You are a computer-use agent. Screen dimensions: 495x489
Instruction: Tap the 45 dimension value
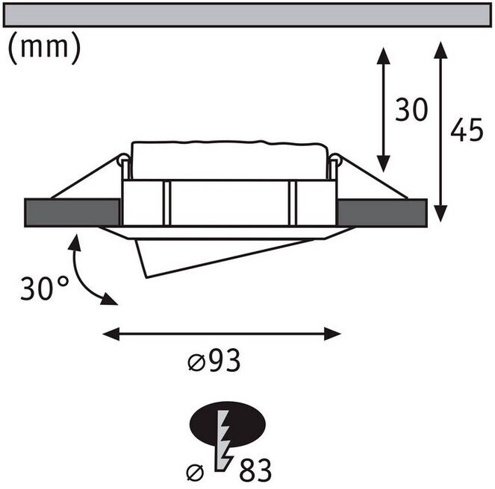pyautogui.click(x=467, y=130)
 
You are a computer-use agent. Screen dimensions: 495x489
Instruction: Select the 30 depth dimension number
pyautogui.click(x=411, y=111)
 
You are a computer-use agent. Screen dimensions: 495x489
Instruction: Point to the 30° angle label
pyautogui.click(x=44, y=288)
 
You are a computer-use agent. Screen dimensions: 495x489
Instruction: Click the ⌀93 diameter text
pyautogui.click(x=214, y=363)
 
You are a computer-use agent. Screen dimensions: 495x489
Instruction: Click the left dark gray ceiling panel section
pyautogui.click(x=72, y=212)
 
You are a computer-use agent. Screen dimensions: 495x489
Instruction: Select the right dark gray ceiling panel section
pyautogui.click(x=382, y=212)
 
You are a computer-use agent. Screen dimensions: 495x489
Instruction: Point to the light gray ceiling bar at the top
pyautogui.click(x=247, y=15)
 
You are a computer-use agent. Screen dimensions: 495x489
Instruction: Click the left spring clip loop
pyautogui.click(x=122, y=160)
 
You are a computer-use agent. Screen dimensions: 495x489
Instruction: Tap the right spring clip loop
pyautogui.click(x=335, y=160)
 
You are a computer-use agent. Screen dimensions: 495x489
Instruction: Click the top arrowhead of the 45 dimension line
pyautogui.click(x=440, y=49)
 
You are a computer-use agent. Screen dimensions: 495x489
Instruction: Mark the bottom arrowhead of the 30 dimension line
pyautogui.click(x=383, y=165)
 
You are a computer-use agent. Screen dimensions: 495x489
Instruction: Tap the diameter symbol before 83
pyautogui.click(x=194, y=470)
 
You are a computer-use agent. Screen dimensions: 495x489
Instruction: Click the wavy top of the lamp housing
pyautogui.click(x=228, y=143)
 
